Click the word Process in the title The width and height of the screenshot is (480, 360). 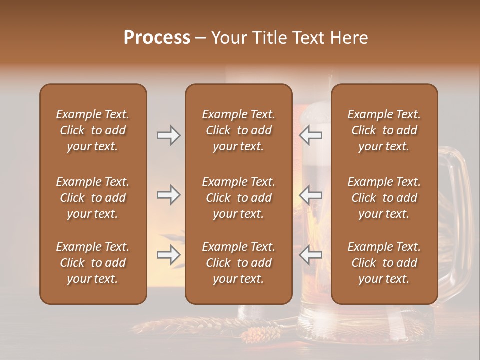(157, 37)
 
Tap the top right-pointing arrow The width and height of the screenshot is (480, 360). (168, 135)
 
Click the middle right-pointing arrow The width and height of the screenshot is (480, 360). (168, 195)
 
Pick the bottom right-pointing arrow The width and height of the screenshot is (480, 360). (168, 255)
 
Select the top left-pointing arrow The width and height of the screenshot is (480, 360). (311, 135)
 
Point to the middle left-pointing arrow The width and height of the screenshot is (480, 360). (311, 195)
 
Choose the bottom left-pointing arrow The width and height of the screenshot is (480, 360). (311, 255)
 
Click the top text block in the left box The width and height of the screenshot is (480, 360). (93, 130)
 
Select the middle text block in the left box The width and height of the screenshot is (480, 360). (93, 198)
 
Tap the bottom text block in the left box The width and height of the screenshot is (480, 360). (93, 263)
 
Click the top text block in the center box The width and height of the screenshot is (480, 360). (238, 130)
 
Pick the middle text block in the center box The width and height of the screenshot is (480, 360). (238, 198)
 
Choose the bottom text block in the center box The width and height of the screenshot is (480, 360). (238, 263)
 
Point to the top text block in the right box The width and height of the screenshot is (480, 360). (384, 130)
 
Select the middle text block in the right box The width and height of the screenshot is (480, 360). (384, 198)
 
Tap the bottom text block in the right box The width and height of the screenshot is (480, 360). (384, 263)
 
